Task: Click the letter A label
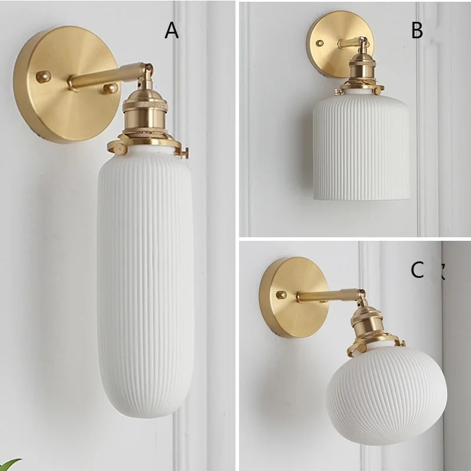point(171,31)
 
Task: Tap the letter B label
point(417,31)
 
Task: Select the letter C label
point(417,270)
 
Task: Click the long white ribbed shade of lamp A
point(145,283)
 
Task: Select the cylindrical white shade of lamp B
point(361,147)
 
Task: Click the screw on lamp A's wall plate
point(43,76)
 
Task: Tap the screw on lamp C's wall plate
point(281,294)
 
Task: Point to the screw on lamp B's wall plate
point(320,43)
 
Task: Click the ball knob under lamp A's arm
point(110,89)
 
